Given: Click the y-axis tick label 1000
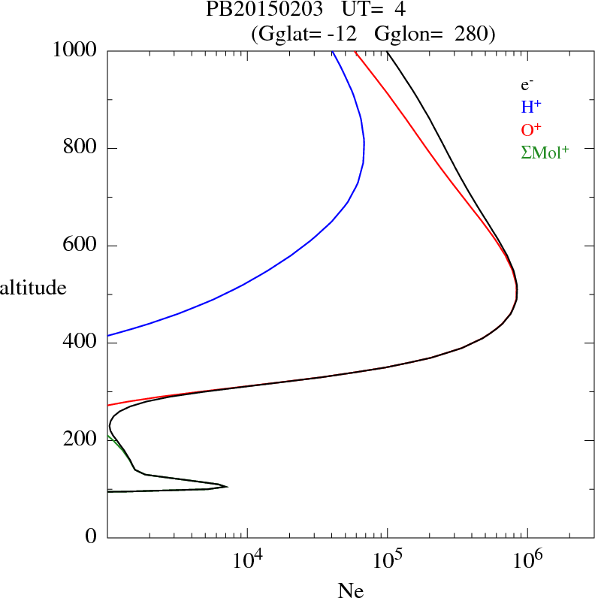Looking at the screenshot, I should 76,50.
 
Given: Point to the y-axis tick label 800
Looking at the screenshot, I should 80,148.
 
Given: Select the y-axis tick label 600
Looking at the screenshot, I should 80,246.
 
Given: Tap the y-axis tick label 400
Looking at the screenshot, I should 80,343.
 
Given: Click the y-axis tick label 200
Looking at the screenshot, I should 80,440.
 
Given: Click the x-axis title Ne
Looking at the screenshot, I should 350,590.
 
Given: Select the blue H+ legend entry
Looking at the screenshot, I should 531,107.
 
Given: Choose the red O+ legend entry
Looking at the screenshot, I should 531,129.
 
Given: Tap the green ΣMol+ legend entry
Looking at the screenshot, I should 545,152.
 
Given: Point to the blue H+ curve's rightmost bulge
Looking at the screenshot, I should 364,143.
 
